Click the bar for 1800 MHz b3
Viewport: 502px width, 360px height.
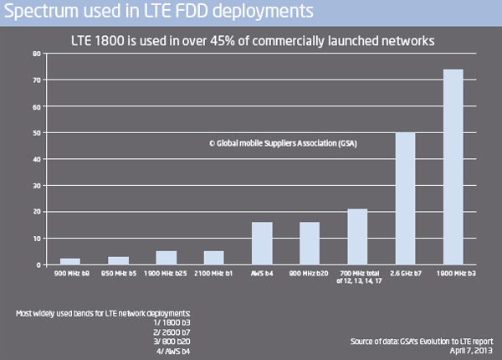[453, 167]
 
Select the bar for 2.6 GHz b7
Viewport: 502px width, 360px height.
[405, 198]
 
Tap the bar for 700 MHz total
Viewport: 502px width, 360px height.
[357, 237]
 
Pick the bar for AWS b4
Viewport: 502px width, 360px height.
[262, 244]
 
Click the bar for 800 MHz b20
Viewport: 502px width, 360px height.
[310, 244]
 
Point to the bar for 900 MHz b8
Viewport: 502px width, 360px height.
[71, 261]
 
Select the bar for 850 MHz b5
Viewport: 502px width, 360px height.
[119, 260]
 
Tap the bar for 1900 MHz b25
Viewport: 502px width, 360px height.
[166, 258]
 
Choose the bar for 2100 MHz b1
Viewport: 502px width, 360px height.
[214, 258]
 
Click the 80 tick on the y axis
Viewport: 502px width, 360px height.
[36, 54]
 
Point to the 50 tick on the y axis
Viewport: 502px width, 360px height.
[36, 133]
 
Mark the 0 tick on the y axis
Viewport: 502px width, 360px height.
[38, 265]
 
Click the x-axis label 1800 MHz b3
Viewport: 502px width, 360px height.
[453, 274]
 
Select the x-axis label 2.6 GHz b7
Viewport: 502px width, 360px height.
[405, 274]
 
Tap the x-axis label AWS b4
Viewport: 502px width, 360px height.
[262, 274]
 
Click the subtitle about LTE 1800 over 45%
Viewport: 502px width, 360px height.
[254, 39]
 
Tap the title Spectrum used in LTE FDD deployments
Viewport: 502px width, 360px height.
[159, 12]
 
